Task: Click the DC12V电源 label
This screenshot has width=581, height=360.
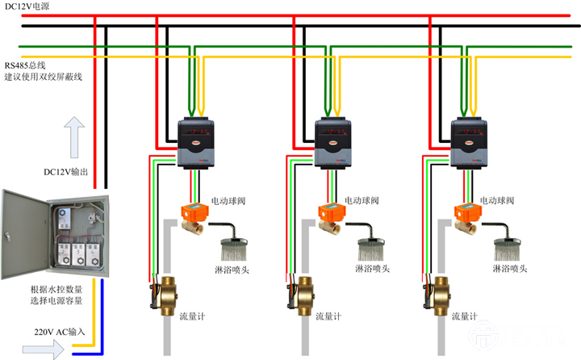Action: coord(27,6)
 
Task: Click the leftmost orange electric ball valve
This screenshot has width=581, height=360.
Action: coord(194,217)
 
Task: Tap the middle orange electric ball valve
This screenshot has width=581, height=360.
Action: coord(328,217)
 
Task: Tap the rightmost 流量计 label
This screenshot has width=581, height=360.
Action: coord(466,317)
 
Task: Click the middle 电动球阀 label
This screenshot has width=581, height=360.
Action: coord(361,199)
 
